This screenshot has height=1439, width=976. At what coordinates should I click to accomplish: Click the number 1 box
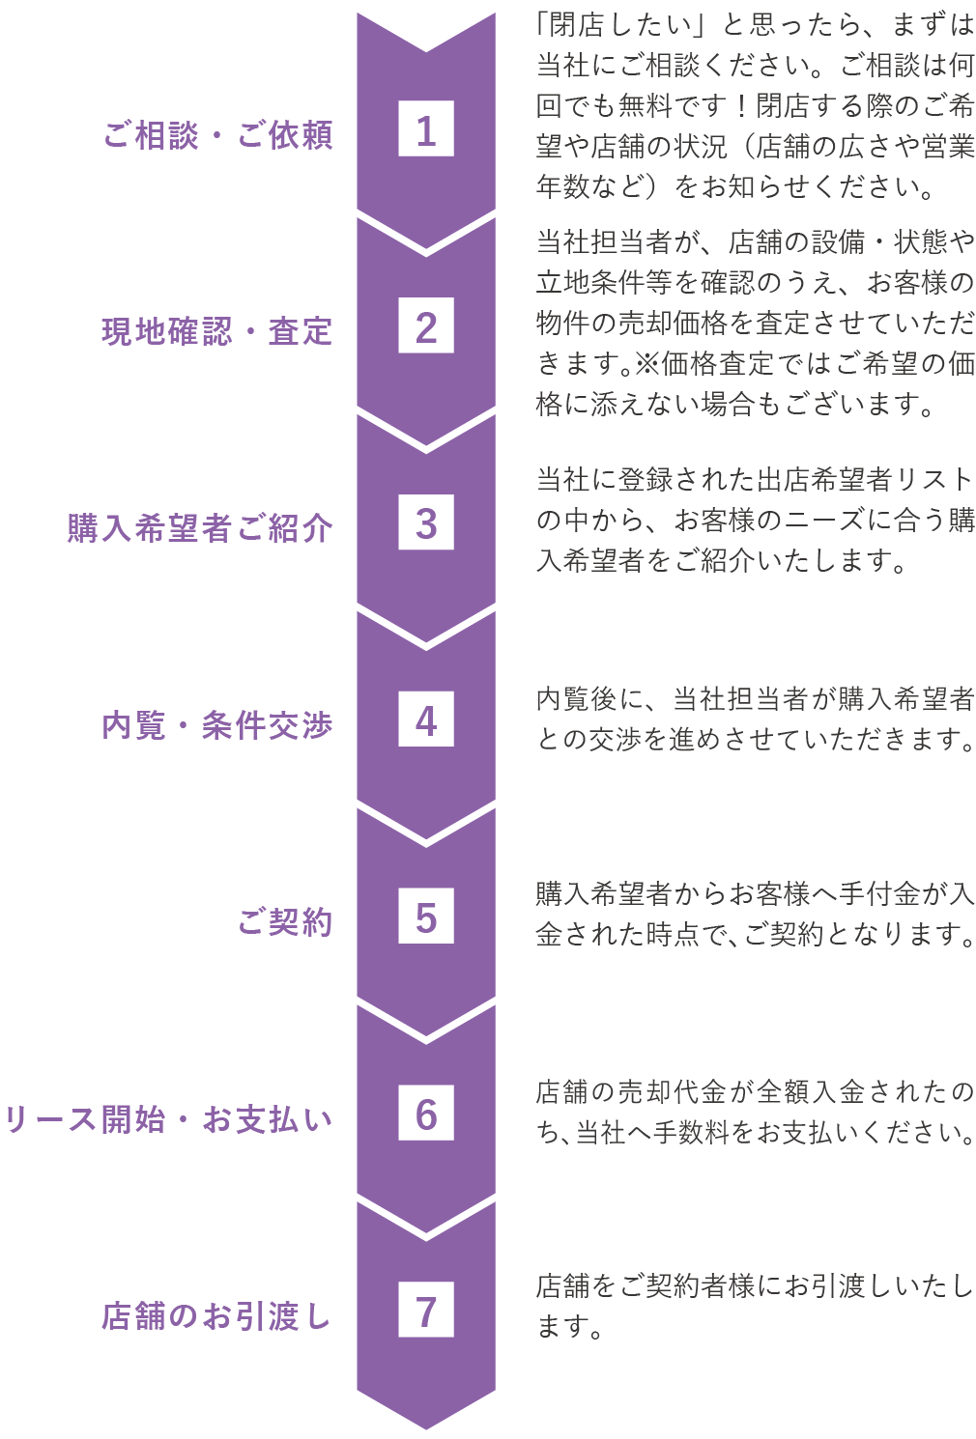click(426, 130)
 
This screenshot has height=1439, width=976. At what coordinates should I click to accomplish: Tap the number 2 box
click(426, 327)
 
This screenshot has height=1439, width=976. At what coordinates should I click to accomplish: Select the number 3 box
click(426, 524)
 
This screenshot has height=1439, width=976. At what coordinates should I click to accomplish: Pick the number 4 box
click(426, 721)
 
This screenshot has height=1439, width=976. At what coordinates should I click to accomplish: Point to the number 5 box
click(426, 918)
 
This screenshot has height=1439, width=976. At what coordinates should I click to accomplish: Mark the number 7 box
click(426, 1312)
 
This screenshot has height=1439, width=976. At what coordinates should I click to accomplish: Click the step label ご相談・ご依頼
click(217, 134)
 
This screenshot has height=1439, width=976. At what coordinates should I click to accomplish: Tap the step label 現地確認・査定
click(217, 331)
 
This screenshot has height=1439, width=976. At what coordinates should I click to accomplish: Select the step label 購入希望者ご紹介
click(200, 528)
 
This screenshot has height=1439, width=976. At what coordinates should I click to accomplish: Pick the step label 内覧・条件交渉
click(217, 725)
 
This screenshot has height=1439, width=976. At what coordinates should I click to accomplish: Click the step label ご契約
click(285, 922)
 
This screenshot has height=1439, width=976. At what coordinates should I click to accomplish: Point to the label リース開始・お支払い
click(168, 1119)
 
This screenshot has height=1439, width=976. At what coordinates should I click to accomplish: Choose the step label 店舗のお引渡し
click(217, 1315)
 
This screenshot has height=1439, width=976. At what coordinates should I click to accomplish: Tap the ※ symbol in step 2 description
click(646, 364)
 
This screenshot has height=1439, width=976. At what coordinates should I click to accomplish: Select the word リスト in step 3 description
click(934, 479)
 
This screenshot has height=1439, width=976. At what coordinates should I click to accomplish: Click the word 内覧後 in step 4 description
click(576, 698)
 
